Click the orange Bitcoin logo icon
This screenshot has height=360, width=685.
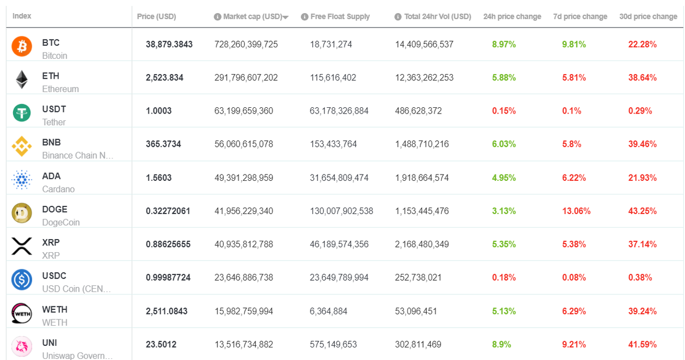point(22,46)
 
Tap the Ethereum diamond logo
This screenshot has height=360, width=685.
point(22,79)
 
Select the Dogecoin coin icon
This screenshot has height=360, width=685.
point(22,213)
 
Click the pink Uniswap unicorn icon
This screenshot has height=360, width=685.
point(22,346)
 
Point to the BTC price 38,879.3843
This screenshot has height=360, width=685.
point(169,45)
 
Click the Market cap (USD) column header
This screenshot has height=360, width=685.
point(252,17)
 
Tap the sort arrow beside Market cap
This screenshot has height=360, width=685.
point(285,18)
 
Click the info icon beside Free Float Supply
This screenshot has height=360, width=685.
point(304,17)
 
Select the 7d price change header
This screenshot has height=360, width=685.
point(580,17)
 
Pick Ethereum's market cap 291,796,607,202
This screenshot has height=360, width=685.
point(246,78)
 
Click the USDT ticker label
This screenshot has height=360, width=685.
point(54,109)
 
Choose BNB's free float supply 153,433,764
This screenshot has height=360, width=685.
point(333,144)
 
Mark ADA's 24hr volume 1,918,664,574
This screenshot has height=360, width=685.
point(422,177)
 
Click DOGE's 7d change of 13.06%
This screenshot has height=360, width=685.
point(576,211)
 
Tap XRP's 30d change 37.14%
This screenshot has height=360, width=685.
point(643,244)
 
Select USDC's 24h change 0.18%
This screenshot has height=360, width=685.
point(503,277)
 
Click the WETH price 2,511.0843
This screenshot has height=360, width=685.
point(166,311)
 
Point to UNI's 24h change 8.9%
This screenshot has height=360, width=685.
point(502,345)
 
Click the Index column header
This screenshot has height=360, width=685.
point(22,16)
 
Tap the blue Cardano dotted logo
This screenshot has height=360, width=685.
point(22,180)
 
